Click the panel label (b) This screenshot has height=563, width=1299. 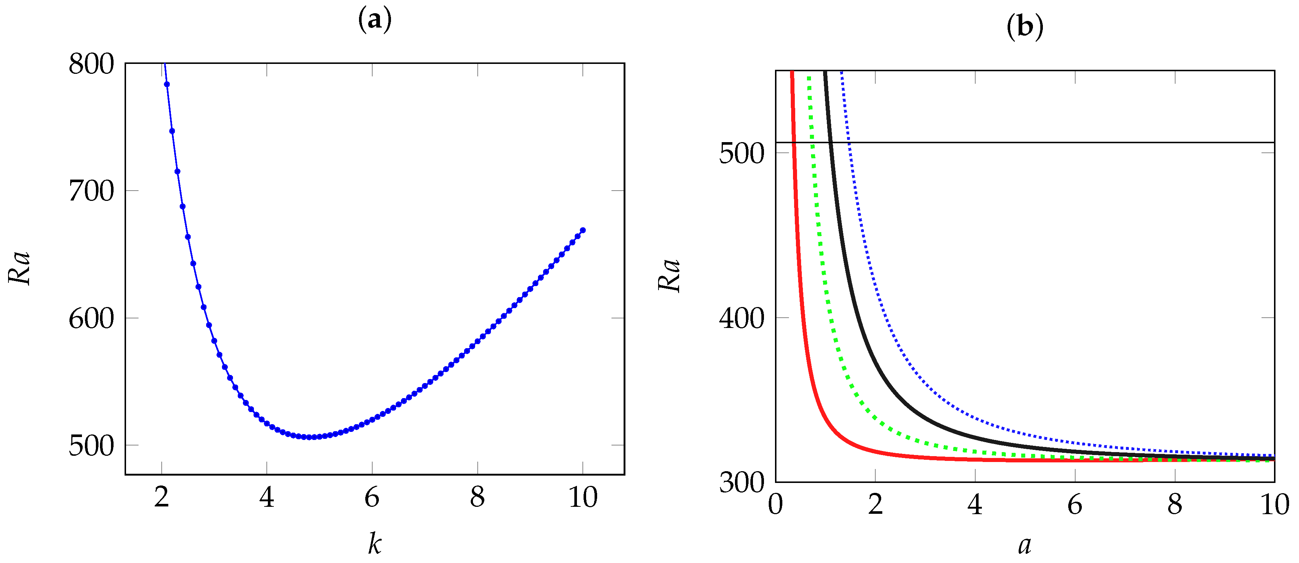click(x=1025, y=26)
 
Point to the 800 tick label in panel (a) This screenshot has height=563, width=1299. click(x=91, y=65)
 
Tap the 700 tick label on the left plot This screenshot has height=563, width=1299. click(x=91, y=192)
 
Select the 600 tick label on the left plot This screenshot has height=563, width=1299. click(x=91, y=318)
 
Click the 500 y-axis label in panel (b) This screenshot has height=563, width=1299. click(x=741, y=153)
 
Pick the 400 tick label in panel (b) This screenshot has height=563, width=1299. click(x=741, y=318)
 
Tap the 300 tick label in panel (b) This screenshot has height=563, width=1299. click(x=741, y=483)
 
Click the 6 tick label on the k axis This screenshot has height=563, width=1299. click(x=372, y=498)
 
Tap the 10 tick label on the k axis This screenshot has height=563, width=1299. click(x=583, y=498)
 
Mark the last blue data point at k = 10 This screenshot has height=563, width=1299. click(x=583, y=230)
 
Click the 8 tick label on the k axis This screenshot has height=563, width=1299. click(x=478, y=498)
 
